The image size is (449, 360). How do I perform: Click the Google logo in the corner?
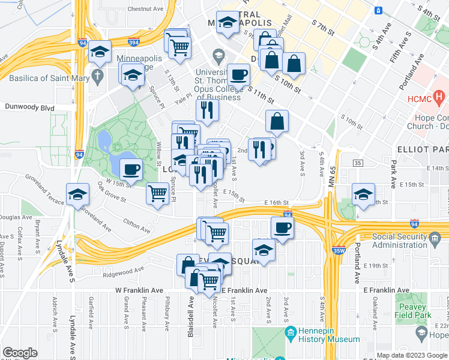(20, 353)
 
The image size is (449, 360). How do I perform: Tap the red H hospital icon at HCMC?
(440, 95)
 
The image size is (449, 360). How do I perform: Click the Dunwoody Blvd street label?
(29, 108)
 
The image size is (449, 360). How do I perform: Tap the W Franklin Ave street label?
(139, 290)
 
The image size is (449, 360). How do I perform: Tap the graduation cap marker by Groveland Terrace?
(79, 194)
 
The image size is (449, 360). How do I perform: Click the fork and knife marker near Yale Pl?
(207, 110)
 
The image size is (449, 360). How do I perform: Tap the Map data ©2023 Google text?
(412, 355)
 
